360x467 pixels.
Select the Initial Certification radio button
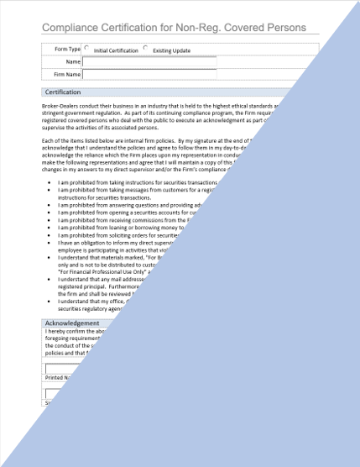tap(87, 48)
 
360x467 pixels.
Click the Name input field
tap(149, 61)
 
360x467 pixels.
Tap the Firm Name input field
tap(149, 74)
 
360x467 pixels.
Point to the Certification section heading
tap(63, 92)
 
